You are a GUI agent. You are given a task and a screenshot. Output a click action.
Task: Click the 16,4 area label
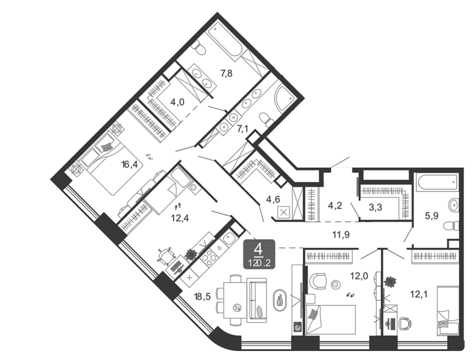tap(129, 164)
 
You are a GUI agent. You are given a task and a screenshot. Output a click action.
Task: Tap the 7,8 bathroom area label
tap(226, 73)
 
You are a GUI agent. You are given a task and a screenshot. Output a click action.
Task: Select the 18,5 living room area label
tap(202, 296)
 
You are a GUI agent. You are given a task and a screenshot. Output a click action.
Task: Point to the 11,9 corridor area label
tap(341, 234)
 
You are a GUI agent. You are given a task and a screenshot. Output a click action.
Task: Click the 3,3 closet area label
tap(375, 207)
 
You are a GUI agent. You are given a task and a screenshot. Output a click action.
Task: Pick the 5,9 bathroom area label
tap(431, 216)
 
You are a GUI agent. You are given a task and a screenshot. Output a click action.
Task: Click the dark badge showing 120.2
tap(259, 254)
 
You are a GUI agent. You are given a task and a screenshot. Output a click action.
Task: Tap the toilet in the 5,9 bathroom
tap(451, 225)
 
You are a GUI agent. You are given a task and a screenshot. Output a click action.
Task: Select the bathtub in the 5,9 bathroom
tap(437, 182)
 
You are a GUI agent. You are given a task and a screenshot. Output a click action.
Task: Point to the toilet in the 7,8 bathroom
tap(199, 48)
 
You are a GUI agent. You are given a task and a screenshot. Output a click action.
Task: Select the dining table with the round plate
tap(235, 300)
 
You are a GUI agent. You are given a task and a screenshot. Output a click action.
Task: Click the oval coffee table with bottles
tap(280, 300)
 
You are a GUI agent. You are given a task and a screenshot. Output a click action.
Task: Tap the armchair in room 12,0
tap(317, 281)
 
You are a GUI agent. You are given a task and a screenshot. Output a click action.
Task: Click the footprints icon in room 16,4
tap(149, 156)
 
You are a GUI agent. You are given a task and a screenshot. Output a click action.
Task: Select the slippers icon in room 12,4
tap(178, 206)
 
